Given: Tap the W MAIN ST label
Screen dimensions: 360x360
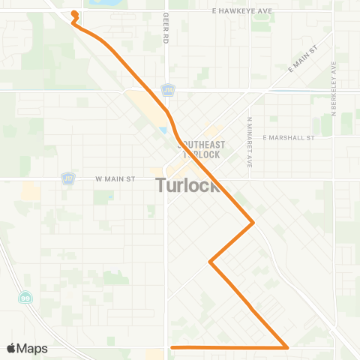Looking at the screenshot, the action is [x=115, y=179].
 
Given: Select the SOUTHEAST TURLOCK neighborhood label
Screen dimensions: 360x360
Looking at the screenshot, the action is [x=199, y=150].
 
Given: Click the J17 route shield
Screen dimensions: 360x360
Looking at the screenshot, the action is [x=67, y=178].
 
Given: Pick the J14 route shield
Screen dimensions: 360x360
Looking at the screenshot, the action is [x=168, y=90].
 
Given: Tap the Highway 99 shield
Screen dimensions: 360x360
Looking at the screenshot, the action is [x=25, y=297].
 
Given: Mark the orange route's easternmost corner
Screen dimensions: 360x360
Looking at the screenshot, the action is [x=253, y=222].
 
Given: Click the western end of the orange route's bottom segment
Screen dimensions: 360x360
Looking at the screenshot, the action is [x=172, y=347].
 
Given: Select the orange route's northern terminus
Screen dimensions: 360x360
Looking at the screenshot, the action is [x=73, y=13].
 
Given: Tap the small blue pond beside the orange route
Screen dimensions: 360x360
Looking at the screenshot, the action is [x=163, y=133].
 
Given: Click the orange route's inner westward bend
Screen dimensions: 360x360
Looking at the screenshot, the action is [x=211, y=262].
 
